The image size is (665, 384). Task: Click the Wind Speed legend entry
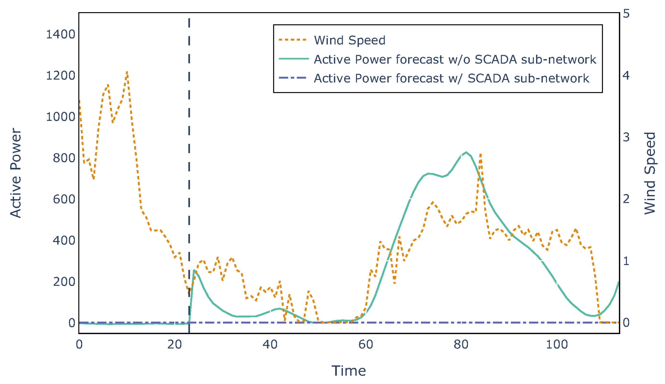349,40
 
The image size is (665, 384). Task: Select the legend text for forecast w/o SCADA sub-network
455,59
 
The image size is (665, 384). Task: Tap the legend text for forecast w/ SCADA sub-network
451,78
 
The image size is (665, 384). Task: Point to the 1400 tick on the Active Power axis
60,34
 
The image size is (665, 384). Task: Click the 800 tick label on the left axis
64,158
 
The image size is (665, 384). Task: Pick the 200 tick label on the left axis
64,282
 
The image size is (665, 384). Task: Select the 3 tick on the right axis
626,137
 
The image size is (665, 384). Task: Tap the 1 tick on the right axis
626,261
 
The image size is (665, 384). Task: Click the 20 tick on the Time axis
174,344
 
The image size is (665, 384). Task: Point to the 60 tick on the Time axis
365,344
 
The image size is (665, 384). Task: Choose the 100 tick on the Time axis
556,344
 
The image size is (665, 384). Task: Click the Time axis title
349,371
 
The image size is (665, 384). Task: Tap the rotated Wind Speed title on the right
650,173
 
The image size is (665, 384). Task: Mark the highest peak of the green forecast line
466,152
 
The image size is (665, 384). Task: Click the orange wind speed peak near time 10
127,72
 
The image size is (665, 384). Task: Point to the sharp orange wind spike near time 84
480,155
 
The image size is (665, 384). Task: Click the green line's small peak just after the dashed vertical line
194,270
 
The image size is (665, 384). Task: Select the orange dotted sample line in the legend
293,40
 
